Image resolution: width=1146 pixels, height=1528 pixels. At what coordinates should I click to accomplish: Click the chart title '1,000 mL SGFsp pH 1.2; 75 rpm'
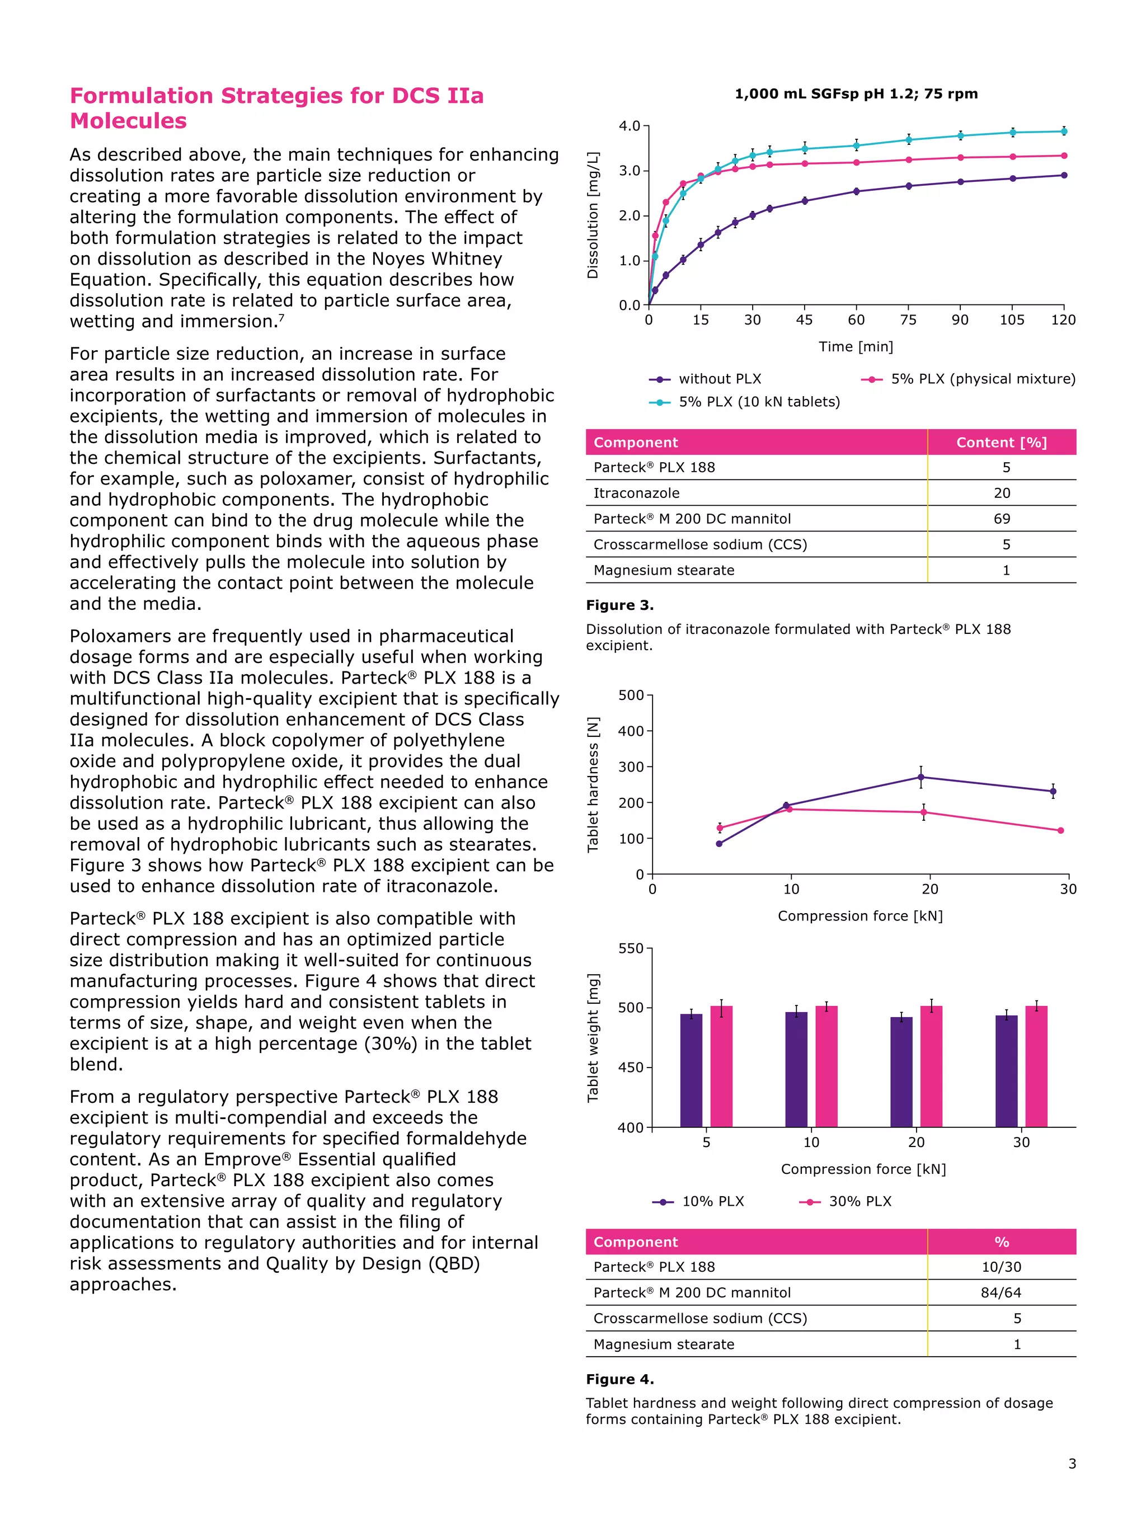click(x=856, y=94)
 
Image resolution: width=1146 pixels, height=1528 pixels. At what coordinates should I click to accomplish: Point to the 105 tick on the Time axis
click(x=1012, y=320)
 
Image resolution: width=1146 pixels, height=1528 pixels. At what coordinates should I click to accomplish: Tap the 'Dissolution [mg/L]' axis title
click(x=593, y=215)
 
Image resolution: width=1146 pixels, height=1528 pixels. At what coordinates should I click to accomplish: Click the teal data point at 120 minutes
click(x=1064, y=131)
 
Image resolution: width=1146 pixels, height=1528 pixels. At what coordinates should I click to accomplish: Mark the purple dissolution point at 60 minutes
click(x=857, y=191)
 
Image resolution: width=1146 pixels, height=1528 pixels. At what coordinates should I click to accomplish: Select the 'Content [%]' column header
click(x=1001, y=443)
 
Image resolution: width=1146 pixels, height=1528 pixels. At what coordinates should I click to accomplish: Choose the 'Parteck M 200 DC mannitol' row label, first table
click(x=692, y=519)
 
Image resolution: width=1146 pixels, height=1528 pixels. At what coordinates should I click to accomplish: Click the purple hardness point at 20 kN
click(x=921, y=777)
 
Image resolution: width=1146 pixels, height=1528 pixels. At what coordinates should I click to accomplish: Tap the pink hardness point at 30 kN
click(x=1060, y=830)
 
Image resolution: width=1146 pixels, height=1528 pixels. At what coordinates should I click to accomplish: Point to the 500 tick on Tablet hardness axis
click(x=631, y=695)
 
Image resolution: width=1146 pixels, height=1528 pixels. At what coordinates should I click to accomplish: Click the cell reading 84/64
click(x=1001, y=1292)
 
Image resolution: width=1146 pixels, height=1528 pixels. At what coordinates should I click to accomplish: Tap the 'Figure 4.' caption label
click(x=619, y=1380)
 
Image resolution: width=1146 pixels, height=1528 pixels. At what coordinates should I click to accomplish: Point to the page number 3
click(x=1072, y=1464)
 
